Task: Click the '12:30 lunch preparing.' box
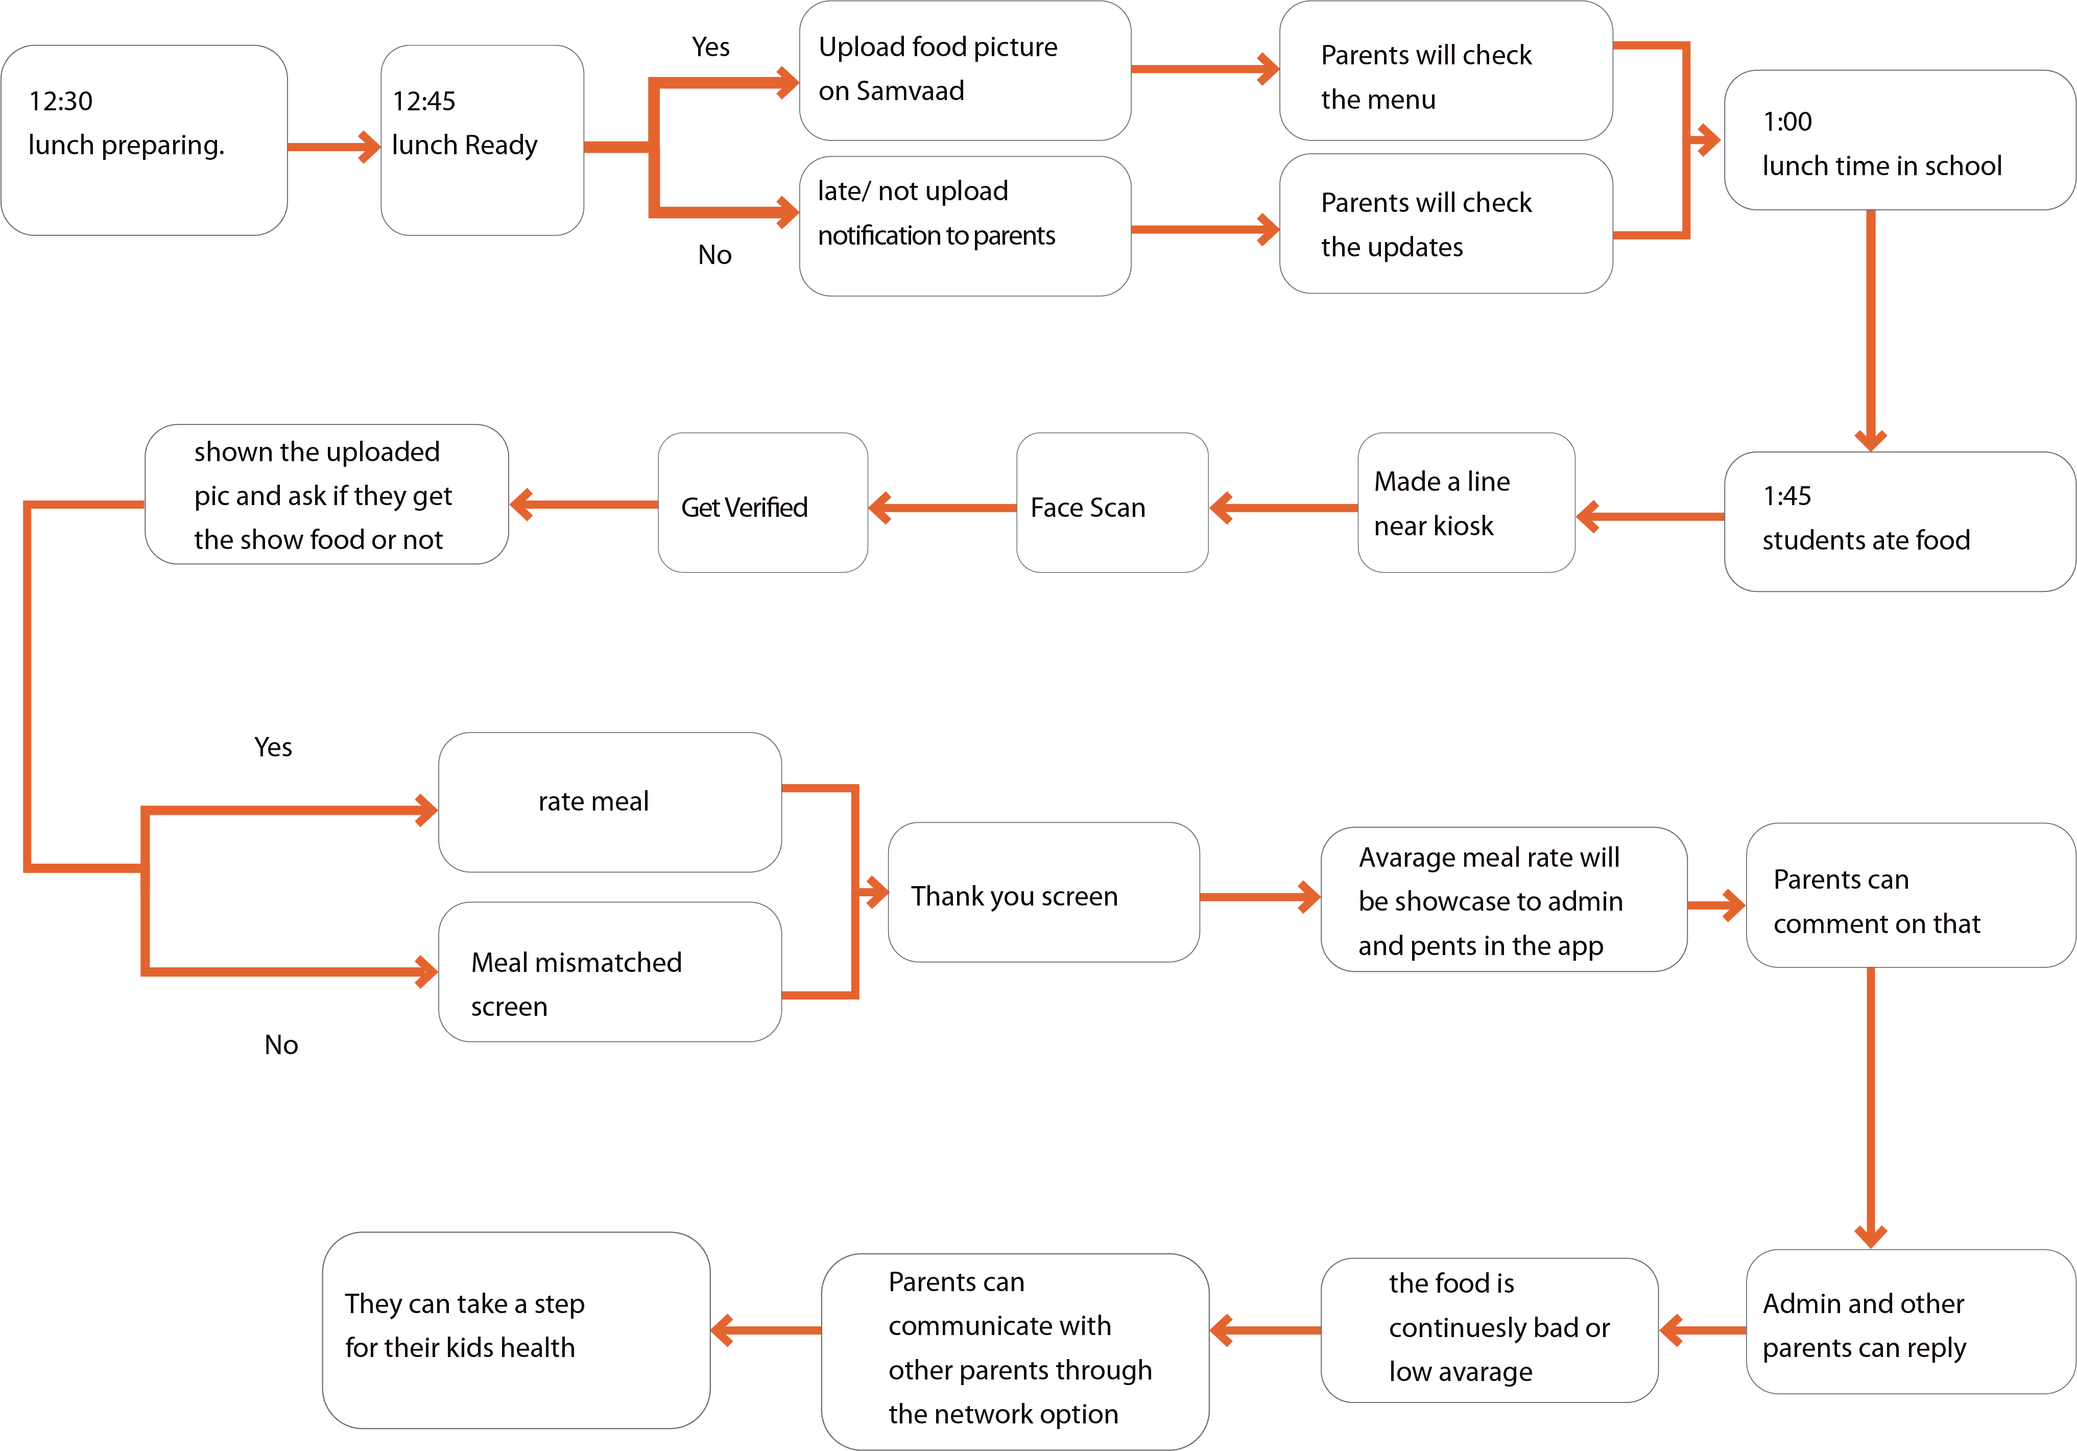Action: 144,140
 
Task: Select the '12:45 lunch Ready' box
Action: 482,140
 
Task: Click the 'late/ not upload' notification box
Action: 964,225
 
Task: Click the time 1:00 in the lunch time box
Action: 1786,122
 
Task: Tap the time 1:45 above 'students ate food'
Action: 1786,496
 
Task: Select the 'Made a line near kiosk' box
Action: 1466,503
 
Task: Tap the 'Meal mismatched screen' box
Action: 610,972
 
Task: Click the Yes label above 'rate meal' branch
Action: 273,747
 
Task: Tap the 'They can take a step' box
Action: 516,1330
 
